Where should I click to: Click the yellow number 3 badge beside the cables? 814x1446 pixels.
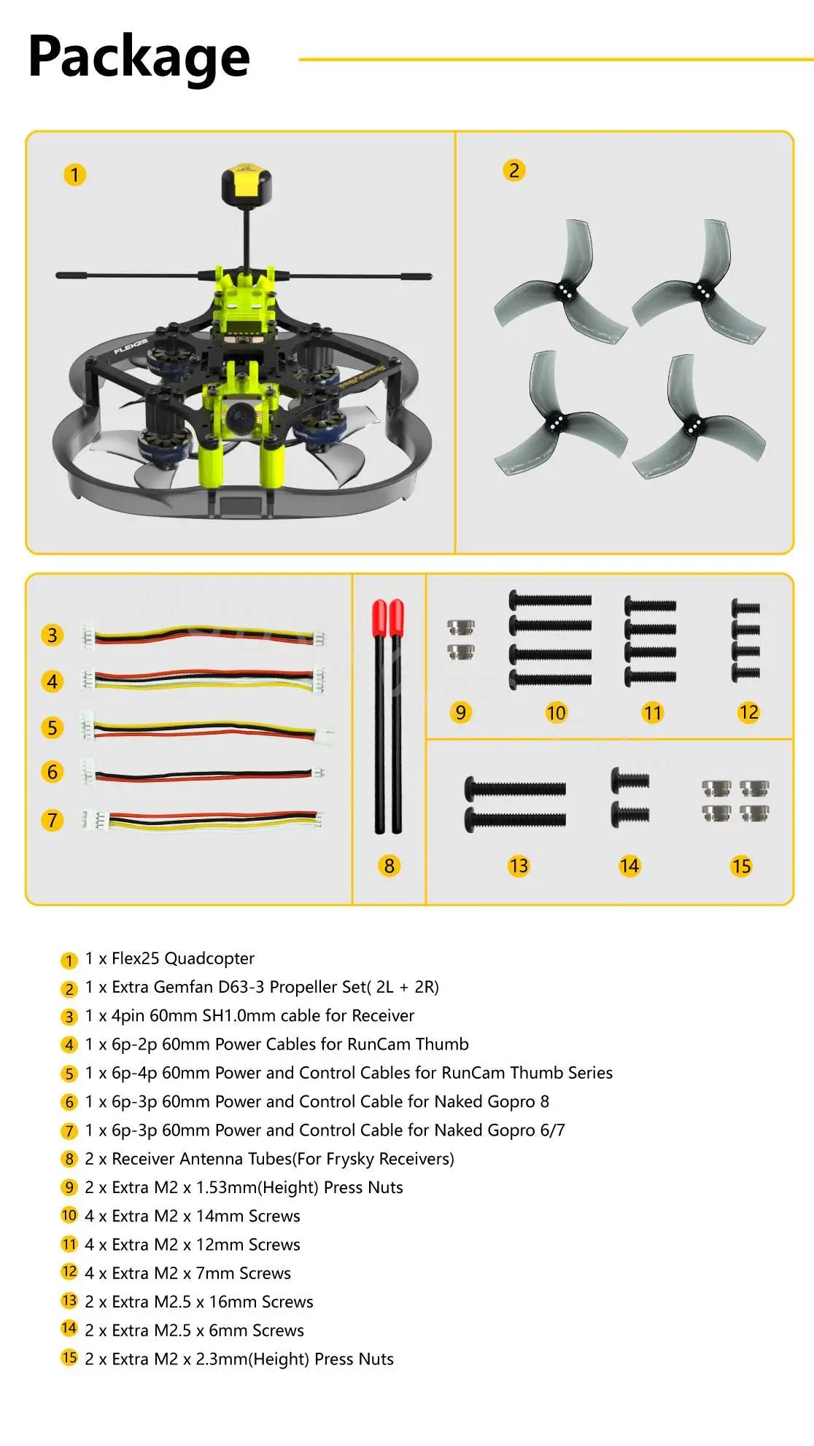52,635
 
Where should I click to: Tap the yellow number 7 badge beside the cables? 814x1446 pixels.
52,820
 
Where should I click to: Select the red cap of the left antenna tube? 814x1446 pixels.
379,617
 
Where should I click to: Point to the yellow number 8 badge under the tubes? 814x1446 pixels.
389,866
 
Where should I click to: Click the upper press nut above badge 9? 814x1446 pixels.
460,627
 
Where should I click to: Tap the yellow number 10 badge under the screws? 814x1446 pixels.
556,713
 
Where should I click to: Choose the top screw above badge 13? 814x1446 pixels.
515,788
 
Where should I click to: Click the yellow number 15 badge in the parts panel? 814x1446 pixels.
741,866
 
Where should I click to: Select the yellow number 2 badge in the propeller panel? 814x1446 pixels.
514,171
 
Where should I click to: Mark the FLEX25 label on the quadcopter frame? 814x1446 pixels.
131,345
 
